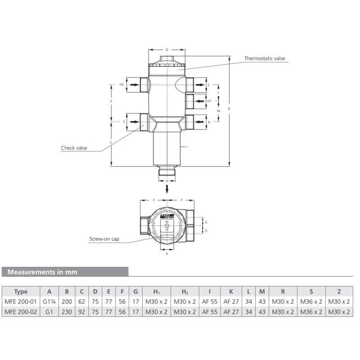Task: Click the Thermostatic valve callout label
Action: [265, 58]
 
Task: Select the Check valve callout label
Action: [74, 148]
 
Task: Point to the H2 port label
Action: [121, 85]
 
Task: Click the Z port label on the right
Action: [208, 85]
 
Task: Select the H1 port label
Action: [209, 101]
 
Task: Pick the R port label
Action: [209, 122]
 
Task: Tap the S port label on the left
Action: [124, 121]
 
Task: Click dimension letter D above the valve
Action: [166, 49]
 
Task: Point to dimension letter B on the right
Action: [229, 108]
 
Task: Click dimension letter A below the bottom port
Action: [167, 180]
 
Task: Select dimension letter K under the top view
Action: [166, 254]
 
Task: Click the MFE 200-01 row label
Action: [21, 301]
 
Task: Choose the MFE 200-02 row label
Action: [21, 311]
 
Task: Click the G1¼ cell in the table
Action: [49, 301]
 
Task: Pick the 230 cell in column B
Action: [67, 311]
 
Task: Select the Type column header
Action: [21, 291]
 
